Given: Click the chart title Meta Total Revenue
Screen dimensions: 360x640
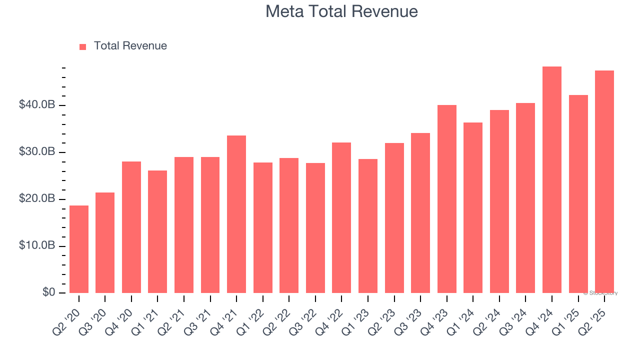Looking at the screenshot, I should pos(341,11).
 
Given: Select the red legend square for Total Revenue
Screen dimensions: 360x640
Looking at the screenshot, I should pos(83,46).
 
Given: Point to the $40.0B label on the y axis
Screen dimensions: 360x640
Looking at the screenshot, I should pos(36,105).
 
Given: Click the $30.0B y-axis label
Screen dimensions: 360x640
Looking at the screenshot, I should pos(36,152).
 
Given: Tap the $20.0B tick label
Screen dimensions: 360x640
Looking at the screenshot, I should pos(36,199).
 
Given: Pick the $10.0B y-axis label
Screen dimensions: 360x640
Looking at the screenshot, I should pos(36,246).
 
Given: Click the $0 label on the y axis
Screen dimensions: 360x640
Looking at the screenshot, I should pos(48,292).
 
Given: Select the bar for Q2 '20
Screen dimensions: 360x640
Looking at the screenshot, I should pos(79,249).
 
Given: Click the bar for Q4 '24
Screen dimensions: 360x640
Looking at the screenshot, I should pos(552,180).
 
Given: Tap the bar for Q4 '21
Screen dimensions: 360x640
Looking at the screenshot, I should pos(236,214).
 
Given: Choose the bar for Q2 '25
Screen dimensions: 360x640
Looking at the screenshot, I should pos(604,182).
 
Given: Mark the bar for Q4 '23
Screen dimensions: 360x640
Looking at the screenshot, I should pos(447,199).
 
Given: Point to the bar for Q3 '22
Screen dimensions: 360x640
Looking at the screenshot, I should pos(315,228).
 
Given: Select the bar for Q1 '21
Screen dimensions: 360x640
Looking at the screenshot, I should pos(157,231).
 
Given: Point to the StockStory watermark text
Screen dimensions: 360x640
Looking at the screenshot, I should pos(600,293).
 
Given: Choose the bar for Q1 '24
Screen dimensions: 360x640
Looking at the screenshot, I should pos(473,207).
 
